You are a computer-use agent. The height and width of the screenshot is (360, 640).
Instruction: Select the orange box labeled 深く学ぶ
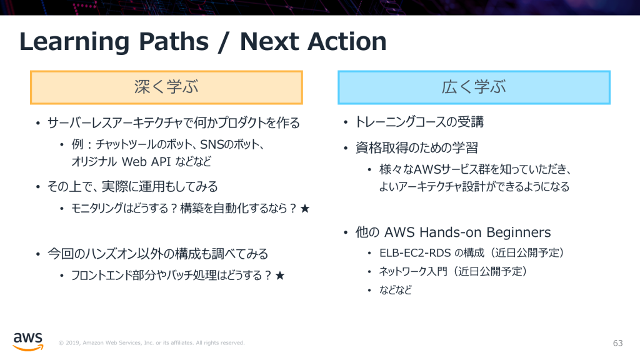coord(166,87)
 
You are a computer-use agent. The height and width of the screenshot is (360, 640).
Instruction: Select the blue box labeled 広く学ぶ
coord(474,87)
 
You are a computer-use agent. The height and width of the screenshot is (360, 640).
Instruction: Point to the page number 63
coord(618,343)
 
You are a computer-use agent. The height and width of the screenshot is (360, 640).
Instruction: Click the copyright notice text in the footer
coord(151,343)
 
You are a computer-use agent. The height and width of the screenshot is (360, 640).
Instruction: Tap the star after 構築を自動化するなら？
coord(305,209)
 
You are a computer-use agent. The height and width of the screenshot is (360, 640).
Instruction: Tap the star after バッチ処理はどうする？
coord(280,276)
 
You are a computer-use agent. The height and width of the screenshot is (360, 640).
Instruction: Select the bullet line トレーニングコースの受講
coord(420,122)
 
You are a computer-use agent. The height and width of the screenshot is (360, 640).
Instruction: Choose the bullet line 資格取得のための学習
coord(417,148)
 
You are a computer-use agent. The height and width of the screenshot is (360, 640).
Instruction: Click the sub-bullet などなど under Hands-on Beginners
coord(395,290)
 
